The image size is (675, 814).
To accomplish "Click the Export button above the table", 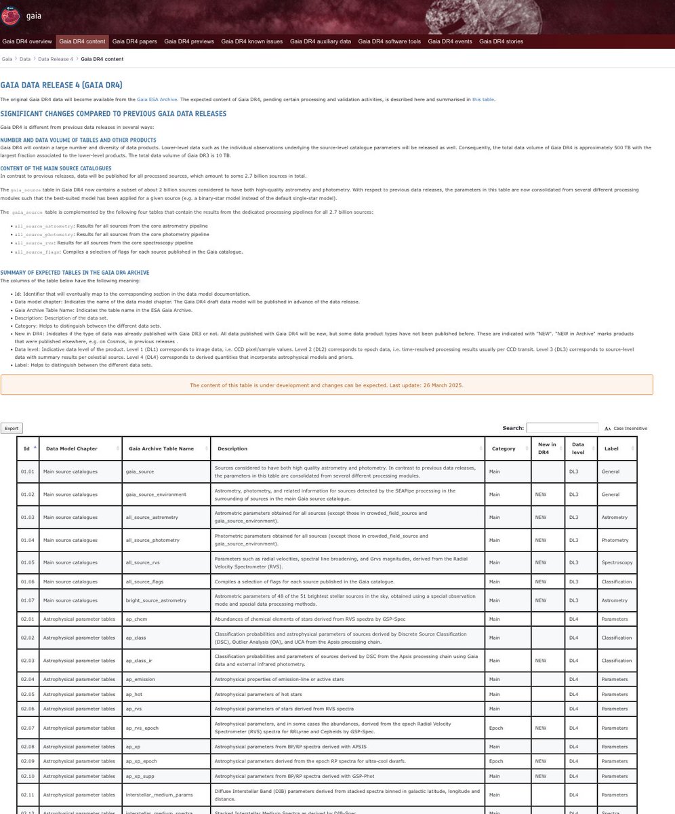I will (x=11, y=428).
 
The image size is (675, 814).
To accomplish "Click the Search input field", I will (x=562, y=428).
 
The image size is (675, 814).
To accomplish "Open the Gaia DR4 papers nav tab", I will (x=135, y=41).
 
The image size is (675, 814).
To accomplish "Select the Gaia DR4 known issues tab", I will (x=252, y=41).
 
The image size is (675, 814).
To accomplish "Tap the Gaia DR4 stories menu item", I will (x=501, y=41).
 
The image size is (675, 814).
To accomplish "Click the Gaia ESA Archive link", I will (x=157, y=100).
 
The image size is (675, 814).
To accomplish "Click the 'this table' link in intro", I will (x=483, y=100).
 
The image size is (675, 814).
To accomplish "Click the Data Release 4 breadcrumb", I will (x=56, y=59).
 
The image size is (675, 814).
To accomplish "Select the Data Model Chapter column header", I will (x=72, y=448).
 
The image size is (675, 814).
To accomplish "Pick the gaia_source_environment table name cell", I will (x=156, y=495).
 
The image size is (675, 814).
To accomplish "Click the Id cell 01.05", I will (x=27, y=562).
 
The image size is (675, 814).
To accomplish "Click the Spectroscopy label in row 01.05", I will (x=617, y=562).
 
